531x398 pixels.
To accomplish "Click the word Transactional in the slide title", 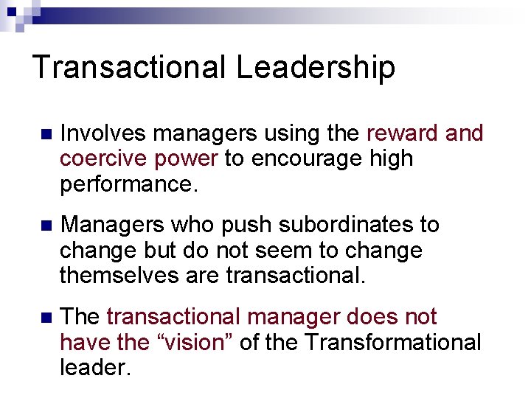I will click(x=130, y=67).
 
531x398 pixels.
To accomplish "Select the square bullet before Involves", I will click(x=46, y=135).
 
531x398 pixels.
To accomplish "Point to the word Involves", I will click(x=104, y=133).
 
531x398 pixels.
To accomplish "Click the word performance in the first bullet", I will click(x=129, y=184).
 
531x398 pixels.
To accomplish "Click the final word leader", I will click(x=95, y=367).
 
